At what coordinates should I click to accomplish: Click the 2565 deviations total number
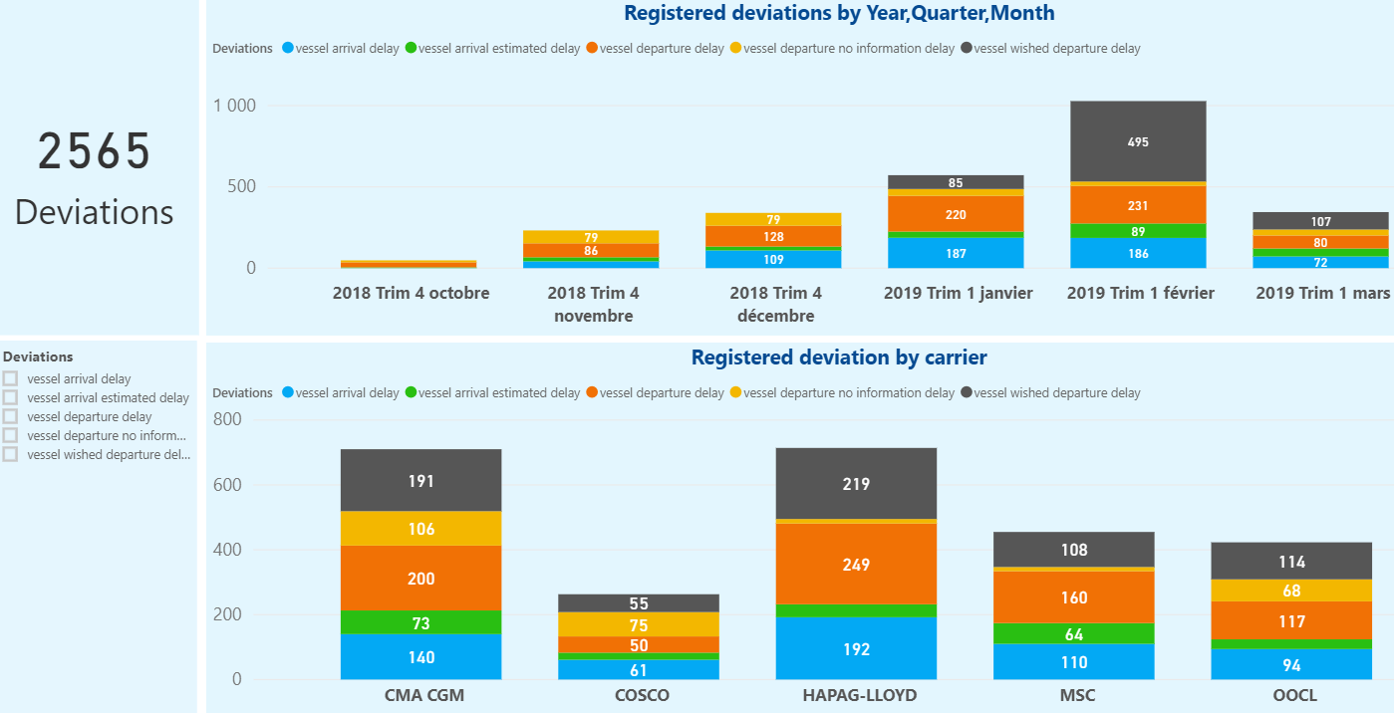pos(95,152)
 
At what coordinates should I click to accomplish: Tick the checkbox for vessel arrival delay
pos(11,378)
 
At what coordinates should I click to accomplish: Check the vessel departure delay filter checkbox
pos(11,416)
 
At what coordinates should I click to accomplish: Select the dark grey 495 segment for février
pos(1138,141)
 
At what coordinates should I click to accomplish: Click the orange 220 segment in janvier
pos(955,214)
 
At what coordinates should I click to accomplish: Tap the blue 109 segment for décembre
pos(774,259)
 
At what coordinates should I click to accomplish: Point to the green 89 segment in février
pos(1138,231)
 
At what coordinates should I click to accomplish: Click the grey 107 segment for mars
pos(1320,221)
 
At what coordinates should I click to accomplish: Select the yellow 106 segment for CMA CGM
pos(421,529)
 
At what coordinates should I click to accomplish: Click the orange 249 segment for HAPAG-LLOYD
pos(856,565)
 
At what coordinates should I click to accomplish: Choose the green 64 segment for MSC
pos(1074,634)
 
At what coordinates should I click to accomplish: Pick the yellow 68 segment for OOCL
pos(1291,591)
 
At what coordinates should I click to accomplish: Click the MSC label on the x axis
pos(1074,695)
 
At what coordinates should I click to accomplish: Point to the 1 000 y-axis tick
pos(234,106)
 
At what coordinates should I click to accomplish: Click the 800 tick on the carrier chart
pos(227,419)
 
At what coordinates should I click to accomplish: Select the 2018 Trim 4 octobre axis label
pos(411,294)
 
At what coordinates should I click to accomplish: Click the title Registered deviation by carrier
pos(839,356)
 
